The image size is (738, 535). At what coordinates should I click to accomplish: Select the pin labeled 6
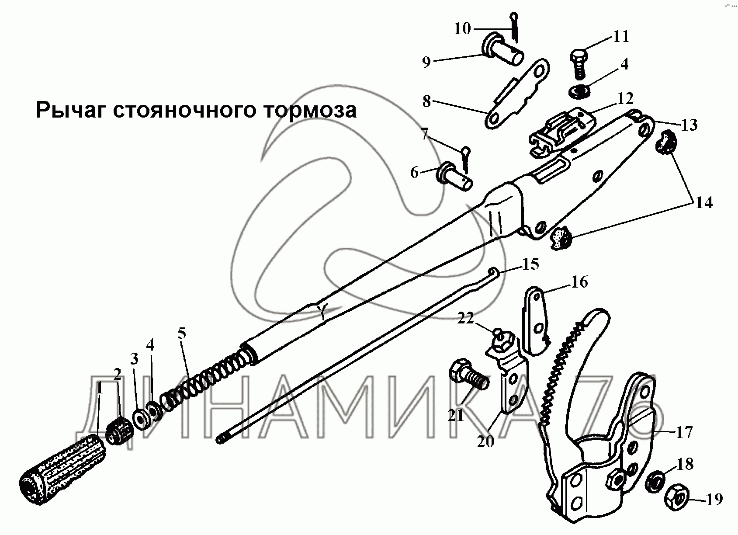455,177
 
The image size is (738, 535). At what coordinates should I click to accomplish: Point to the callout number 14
703,202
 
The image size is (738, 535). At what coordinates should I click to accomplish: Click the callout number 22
466,318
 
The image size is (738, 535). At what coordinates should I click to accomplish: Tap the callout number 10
462,29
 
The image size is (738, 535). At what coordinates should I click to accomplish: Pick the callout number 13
689,125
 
